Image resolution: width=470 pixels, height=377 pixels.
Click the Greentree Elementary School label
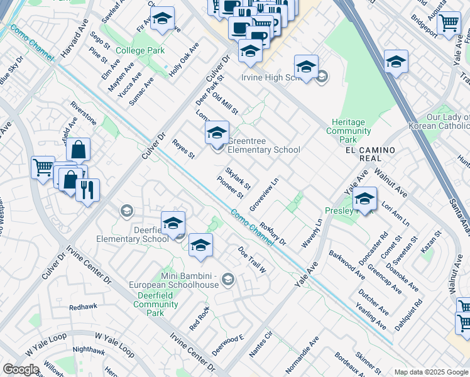(x=263, y=146)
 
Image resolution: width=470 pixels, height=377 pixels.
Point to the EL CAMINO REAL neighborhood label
(x=370, y=155)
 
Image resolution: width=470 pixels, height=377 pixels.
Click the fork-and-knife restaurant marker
(x=87, y=190)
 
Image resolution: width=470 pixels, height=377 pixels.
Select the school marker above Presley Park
(x=364, y=200)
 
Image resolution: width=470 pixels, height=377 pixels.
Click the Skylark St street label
(x=238, y=178)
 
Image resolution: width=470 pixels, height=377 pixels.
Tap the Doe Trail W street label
(x=252, y=260)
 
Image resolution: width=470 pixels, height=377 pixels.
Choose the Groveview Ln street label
(x=264, y=195)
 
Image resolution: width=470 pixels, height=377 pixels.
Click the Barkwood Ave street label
(x=347, y=265)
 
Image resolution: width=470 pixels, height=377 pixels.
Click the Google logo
(x=21, y=369)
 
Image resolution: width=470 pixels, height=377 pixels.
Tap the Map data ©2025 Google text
(x=430, y=372)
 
